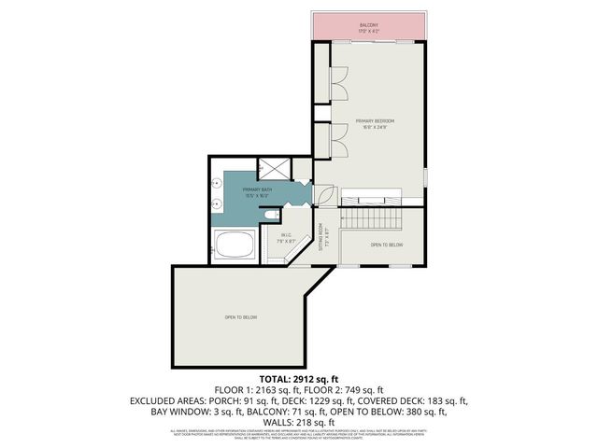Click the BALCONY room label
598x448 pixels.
tap(368, 25)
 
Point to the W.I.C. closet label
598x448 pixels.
tap(287, 235)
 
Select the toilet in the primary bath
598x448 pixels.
tap(270, 217)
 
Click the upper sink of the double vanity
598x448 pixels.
tap(216, 185)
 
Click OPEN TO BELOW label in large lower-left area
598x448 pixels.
tap(240, 318)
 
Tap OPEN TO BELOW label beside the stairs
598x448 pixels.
tap(386, 245)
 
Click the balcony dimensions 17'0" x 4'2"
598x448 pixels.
tap(368, 32)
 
